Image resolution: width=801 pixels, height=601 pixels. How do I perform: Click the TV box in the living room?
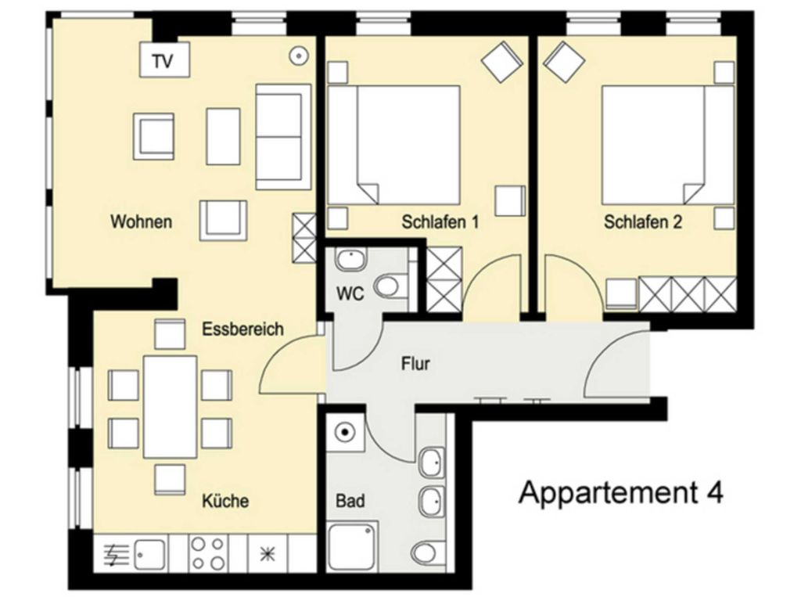coord(165,59)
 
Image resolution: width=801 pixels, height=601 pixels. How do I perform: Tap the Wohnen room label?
coord(142,221)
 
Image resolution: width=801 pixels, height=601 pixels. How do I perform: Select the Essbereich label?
coord(242,329)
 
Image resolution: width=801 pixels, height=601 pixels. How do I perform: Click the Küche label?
coord(225,500)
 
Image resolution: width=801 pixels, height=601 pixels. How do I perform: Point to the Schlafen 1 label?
coord(440,222)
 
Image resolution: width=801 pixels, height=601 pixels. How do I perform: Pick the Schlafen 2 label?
coord(643,222)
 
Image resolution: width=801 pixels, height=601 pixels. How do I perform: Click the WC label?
coord(350,294)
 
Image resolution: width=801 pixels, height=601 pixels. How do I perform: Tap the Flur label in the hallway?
coord(415,364)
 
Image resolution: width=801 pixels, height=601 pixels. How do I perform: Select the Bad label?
coord(350,500)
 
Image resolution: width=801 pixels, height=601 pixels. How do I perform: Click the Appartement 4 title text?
coord(620,492)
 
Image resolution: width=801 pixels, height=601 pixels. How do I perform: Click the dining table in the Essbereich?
coord(170,407)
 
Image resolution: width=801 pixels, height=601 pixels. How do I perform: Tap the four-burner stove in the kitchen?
coord(207,553)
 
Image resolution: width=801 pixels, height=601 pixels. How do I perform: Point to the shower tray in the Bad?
coord(353,546)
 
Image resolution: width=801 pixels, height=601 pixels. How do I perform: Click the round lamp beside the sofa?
coord(299,56)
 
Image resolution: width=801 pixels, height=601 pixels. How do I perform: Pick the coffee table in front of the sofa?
coord(223,136)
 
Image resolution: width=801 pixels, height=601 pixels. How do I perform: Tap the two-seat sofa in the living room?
coord(283,136)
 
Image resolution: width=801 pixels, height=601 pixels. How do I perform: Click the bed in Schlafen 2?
coord(668,145)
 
